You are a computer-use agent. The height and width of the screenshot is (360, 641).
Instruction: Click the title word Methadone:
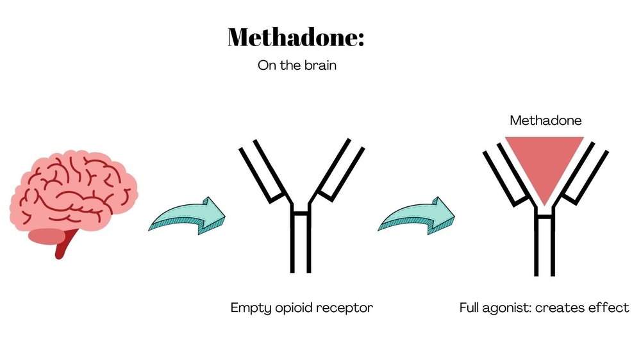[x=296, y=38]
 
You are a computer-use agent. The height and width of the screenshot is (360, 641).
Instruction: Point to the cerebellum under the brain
[x=46, y=235]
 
